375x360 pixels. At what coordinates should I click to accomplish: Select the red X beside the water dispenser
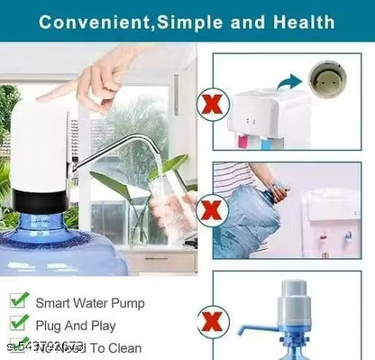click(x=214, y=106)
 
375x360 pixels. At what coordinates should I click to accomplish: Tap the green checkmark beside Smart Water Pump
click(x=19, y=299)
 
